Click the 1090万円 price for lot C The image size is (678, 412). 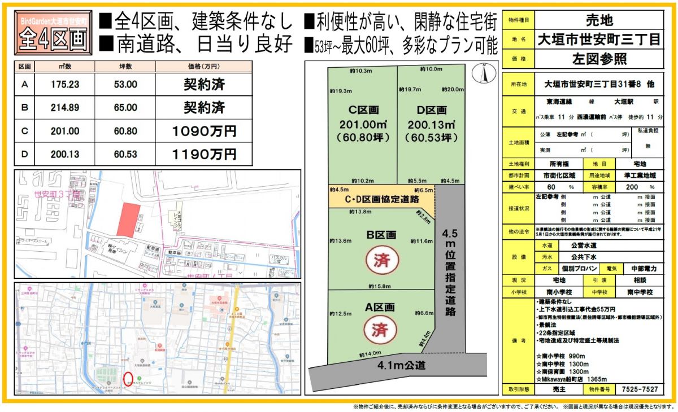[x=204, y=132]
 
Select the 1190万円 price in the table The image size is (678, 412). [x=204, y=154]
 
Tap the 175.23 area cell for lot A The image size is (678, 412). [x=65, y=85]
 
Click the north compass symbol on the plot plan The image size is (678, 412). [x=484, y=74]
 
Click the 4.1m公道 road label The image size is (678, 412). [x=401, y=365]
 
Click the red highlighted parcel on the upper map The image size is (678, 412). [x=128, y=220]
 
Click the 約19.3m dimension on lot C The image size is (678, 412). [x=341, y=91]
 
